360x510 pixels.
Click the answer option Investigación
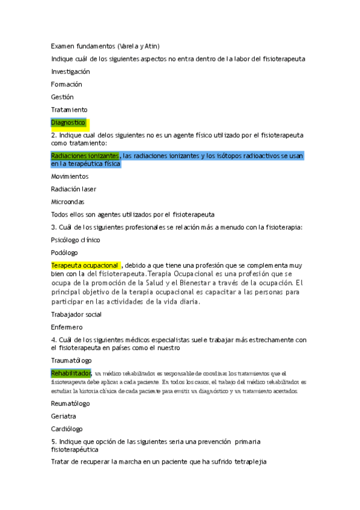[x=70, y=72]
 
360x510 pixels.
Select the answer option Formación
[x=66, y=84]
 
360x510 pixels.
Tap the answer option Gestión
[x=63, y=97]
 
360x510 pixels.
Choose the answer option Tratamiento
[x=69, y=109]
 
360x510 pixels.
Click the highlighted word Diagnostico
[x=69, y=123]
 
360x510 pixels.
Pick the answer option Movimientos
[x=70, y=176]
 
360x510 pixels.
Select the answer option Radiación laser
[x=73, y=189]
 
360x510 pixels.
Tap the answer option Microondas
[x=67, y=201]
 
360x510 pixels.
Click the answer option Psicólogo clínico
[x=76, y=240]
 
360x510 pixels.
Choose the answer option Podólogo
[x=64, y=253]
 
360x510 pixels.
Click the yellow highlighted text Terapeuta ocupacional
[x=85, y=265]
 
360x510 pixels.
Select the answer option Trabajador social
[x=76, y=315]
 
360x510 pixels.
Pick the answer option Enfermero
[x=67, y=327]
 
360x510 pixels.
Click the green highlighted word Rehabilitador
[x=71, y=373]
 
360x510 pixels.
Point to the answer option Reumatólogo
[x=70, y=404]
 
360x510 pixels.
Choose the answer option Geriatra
[x=64, y=416]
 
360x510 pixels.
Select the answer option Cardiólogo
[x=67, y=429]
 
